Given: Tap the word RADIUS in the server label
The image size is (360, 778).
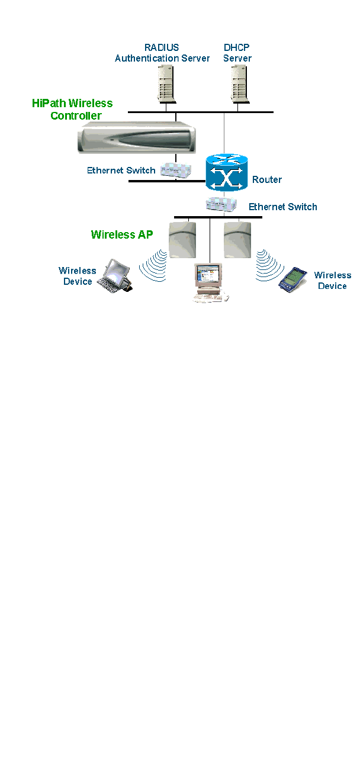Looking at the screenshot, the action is point(162,47).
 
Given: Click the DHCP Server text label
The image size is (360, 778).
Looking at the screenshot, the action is point(237,53).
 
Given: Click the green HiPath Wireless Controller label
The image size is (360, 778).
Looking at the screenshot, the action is point(72,109).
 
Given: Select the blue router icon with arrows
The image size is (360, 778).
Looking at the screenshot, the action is point(225,172).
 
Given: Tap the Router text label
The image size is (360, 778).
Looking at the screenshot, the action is point(267,179).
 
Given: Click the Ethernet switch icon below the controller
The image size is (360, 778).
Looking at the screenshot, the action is point(176,169).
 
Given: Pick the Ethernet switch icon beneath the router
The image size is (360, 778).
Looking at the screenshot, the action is point(221,205).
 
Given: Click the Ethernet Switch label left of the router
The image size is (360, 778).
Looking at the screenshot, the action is point(121,171).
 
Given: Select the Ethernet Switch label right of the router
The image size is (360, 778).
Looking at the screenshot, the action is point(283,207).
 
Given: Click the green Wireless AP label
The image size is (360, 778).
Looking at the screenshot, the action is point(122,234).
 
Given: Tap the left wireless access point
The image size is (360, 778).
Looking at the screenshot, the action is point(181,239).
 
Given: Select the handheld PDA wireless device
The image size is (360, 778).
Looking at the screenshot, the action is point(294,279).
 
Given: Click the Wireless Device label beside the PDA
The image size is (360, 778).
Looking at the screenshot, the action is point(332,281).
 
